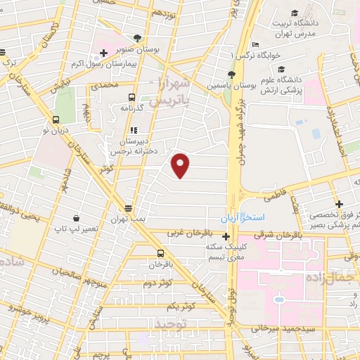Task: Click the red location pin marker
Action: coord(181,165)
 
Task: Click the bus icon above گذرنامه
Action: coord(131,98)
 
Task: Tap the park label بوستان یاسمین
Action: coord(208,85)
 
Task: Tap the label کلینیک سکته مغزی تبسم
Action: coord(205,252)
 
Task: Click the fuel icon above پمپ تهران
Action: coord(128,208)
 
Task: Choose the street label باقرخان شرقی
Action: coord(297,236)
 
